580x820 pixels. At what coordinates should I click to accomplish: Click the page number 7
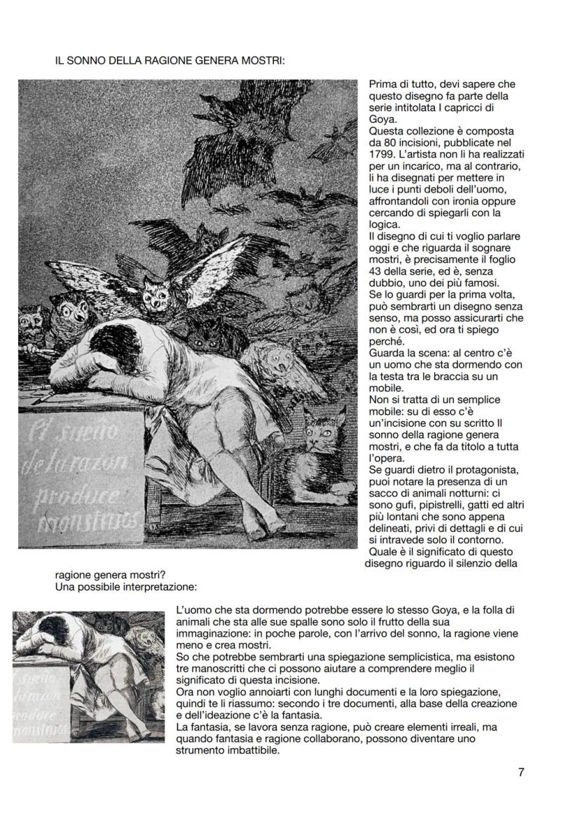click(x=521, y=773)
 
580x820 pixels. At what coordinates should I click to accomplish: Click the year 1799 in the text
click(x=381, y=153)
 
